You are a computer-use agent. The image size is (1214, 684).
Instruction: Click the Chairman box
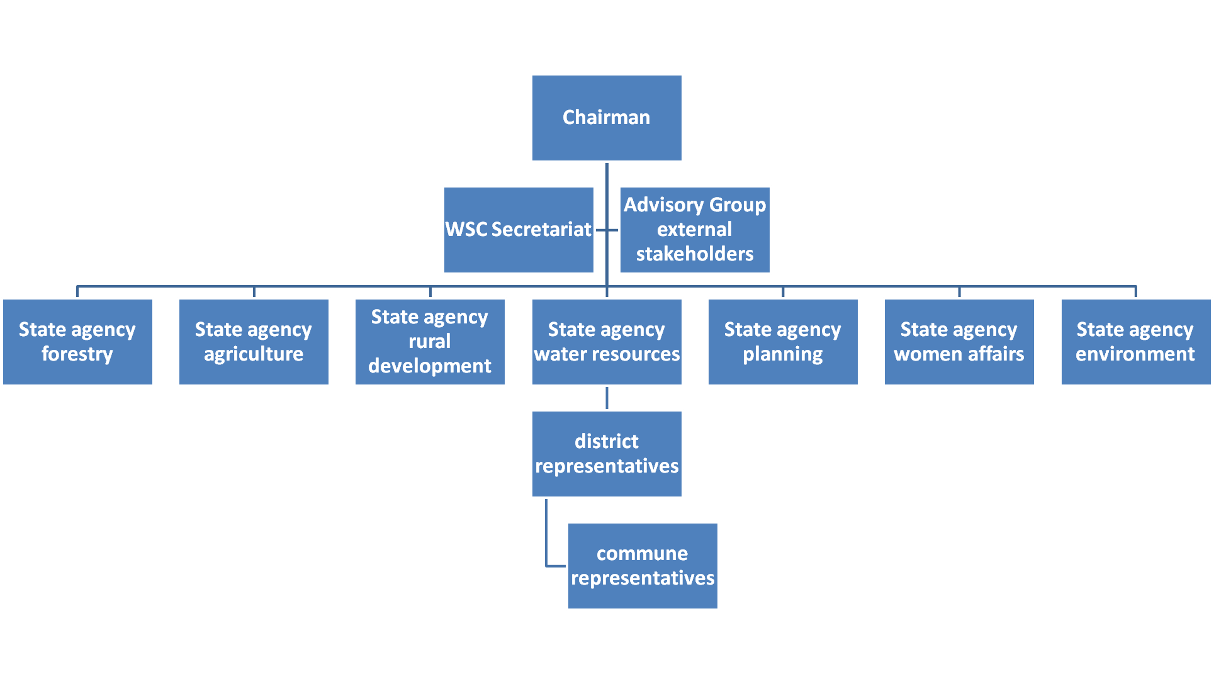tap(607, 118)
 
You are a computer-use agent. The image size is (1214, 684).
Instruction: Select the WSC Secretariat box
tap(519, 230)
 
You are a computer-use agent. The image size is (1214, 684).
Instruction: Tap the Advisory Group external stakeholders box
tap(695, 230)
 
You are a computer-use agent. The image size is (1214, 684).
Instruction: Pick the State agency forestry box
tap(77, 342)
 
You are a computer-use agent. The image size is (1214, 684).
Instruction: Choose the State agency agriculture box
tap(254, 342)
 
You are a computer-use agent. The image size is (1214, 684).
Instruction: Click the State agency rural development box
tap(430, 342)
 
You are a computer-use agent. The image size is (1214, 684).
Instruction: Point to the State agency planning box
tap(783, 342)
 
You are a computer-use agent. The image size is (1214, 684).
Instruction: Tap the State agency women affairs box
tap(959, 342)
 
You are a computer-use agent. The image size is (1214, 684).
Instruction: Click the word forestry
tap(77, 354)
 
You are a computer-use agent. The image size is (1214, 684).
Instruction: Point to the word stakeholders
tap(695, 254)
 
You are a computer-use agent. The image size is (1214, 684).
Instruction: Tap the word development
tap(430, 366)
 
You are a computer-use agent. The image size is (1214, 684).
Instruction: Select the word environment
tap(1135, 354)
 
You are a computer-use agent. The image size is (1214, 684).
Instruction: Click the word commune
tap(643, 554)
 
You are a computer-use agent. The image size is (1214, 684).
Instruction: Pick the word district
tap(607, 442)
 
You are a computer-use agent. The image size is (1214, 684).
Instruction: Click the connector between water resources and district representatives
tap(607, 398)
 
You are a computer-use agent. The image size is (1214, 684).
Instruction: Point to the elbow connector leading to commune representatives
tap(547, 541)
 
